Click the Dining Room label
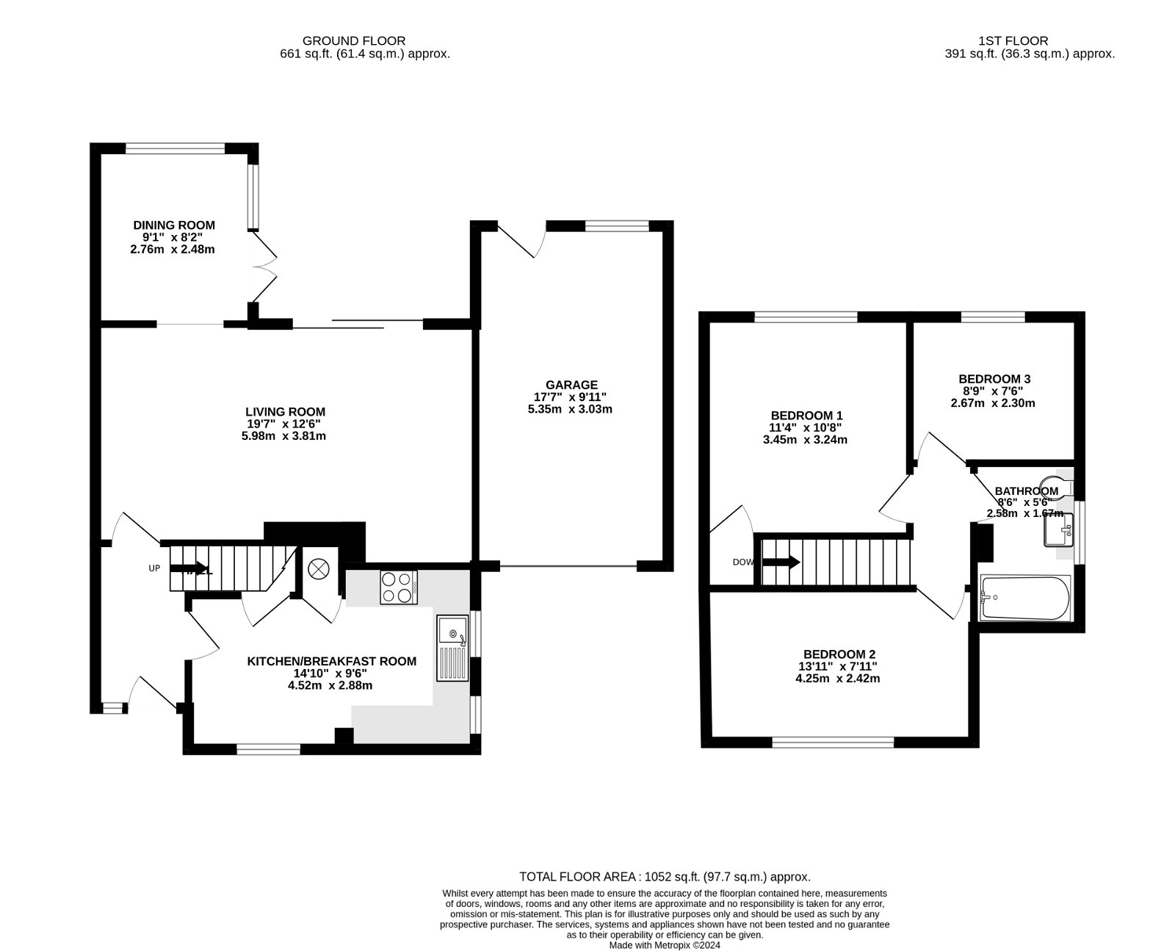tap(174, 225)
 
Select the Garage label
tap(571, 385)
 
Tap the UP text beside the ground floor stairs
tap(154, 568)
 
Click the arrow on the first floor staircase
tap(781, 563)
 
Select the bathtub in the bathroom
tap(1025, 598)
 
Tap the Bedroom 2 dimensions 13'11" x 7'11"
tap(839, 667)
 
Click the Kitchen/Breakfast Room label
tap(331, 662)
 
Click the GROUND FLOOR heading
tap(354, 41)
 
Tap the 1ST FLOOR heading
tap(1013, 41)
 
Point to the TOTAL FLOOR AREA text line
tap(665, 877)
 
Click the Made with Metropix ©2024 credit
tap(665, 946)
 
